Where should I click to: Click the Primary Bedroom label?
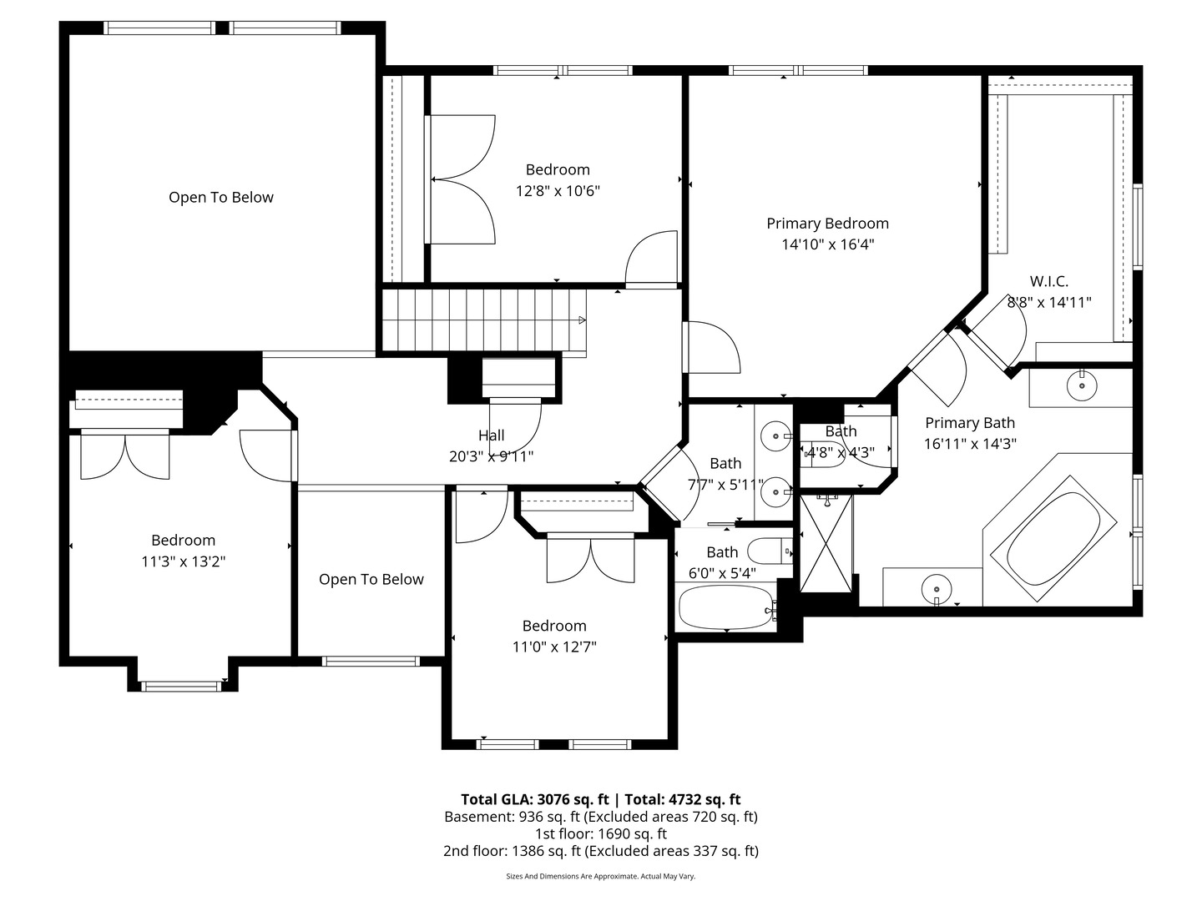pyautogui.click(x=827, y=224)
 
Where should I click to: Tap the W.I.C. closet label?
pyautogui.click(x=1048, y=281)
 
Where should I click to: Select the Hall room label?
pyautogui.click(x=491, y=435)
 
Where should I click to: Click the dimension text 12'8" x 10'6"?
pyautogui.click(x=558, y=191)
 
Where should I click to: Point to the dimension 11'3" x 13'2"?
pyautogui.click(x=184, y=561)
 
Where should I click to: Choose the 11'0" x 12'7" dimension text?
pyautogui.click(x=554, y=647)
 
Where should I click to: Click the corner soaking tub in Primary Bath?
pyautogui.click(x=1053, y=538)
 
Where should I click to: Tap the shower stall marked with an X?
pyautogui.click(x=826, y=543)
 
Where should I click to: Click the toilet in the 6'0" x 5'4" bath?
pyautogui.click(x=770, y=551)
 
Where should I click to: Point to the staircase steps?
pyautogui.click(x=483, y=320)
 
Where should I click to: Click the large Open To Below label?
pyautogui.click(x=220, y=198)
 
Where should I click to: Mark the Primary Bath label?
pyautogui.click(x=970, y=423)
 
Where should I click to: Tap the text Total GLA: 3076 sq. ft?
pyautogui.click(x=534, y=800)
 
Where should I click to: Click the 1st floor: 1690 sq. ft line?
pyautogui.click(x=601, y=834)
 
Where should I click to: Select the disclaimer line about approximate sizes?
pyautogui.click(x=601, y=876)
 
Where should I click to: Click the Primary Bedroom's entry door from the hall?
pyautogui.click(x=711, y=347)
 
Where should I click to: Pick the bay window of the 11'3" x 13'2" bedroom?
pyautogui.click(x=181, y=686)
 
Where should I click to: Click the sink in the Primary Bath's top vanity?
pyautogui.click(x=1082, y=385)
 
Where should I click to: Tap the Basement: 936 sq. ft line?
pyautogui.click(x=601, y=818)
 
